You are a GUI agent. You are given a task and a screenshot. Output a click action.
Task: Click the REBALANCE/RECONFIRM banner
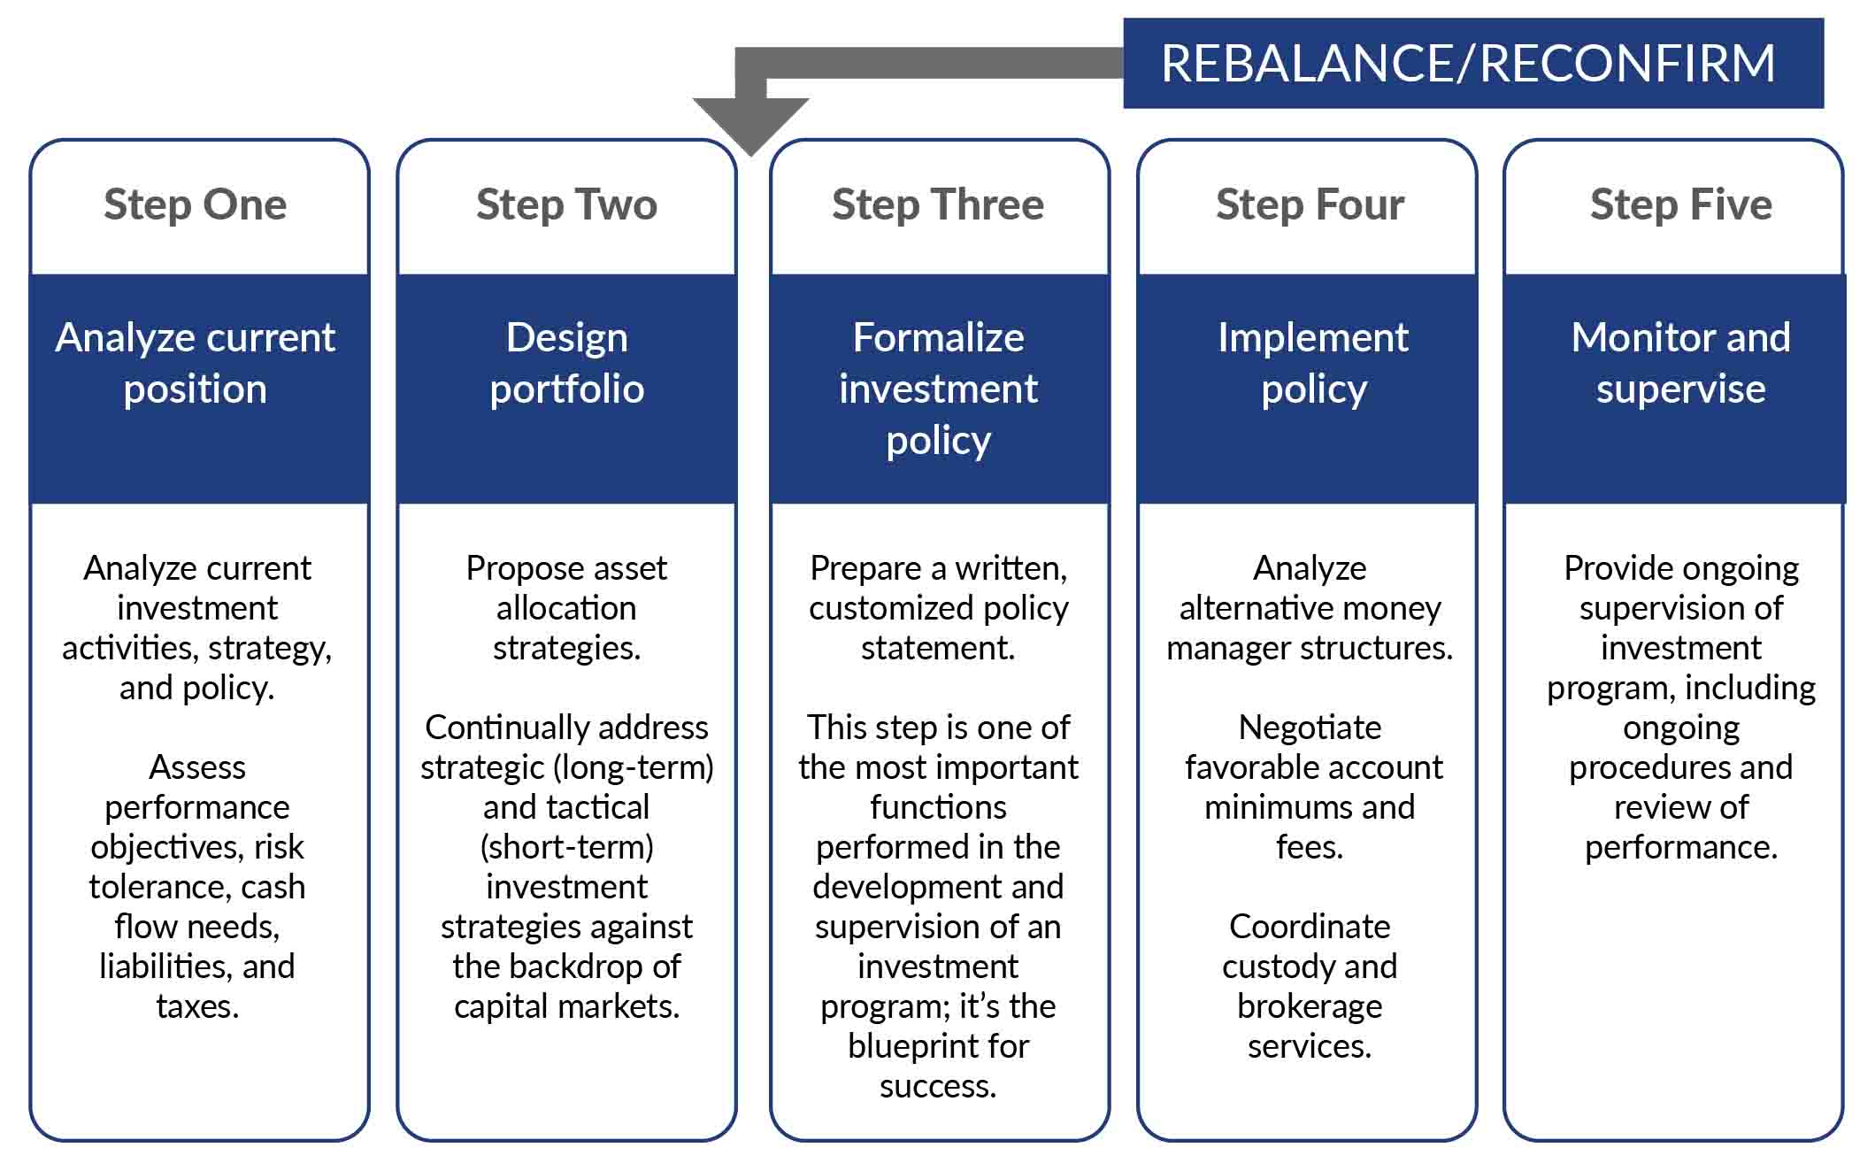[1472, 64]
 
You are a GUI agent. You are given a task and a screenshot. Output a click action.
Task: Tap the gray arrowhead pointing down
[750, 123]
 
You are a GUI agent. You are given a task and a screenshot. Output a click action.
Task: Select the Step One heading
[196, 205]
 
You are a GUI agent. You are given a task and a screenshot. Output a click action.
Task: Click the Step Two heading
[566, 205]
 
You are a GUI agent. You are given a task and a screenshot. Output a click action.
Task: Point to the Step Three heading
[938, 205]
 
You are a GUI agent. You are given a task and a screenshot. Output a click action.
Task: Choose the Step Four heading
[1310, 205]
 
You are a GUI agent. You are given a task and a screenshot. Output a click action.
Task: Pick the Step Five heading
[1681, 205]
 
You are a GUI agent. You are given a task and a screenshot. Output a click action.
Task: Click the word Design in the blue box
[566, 338]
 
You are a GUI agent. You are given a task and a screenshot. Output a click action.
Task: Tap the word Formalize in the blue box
[938, 338]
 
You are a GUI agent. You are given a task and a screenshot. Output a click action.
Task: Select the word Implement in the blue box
[1312, 338]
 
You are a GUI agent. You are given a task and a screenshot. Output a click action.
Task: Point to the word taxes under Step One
[196, 1007]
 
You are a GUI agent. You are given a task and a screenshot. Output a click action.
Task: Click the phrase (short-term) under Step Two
[566, 847]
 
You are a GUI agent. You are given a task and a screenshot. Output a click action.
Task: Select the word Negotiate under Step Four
[1310, 728]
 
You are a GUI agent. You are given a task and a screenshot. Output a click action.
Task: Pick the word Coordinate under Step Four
[1310, 927]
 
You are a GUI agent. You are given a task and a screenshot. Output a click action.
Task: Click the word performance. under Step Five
[1679, 848]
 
